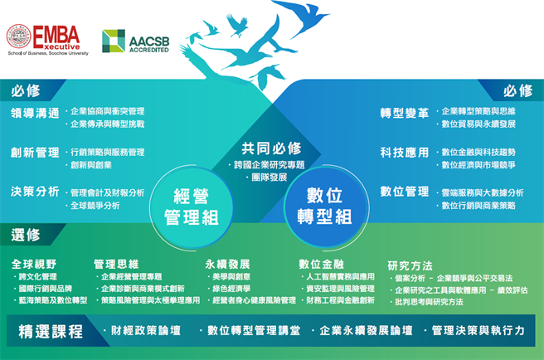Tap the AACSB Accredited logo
(x=135, y=41)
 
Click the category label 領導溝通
(x=35, y=113)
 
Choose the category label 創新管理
(x=35, y=153)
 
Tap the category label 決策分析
(x=35, y=192)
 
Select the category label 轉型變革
(x=404, y=113)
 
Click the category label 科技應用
(x=404, y=153)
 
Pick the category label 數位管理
(x=404, y=192)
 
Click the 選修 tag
(x=26, y=235)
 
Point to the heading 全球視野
(x=35, y=264)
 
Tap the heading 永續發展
(x=229, y=264)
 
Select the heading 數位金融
(x=322, y=264)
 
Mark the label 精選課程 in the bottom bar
(x=51, y=332)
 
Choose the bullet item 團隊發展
(x=271, y=178)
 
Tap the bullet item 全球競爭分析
(x=95, y=205)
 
